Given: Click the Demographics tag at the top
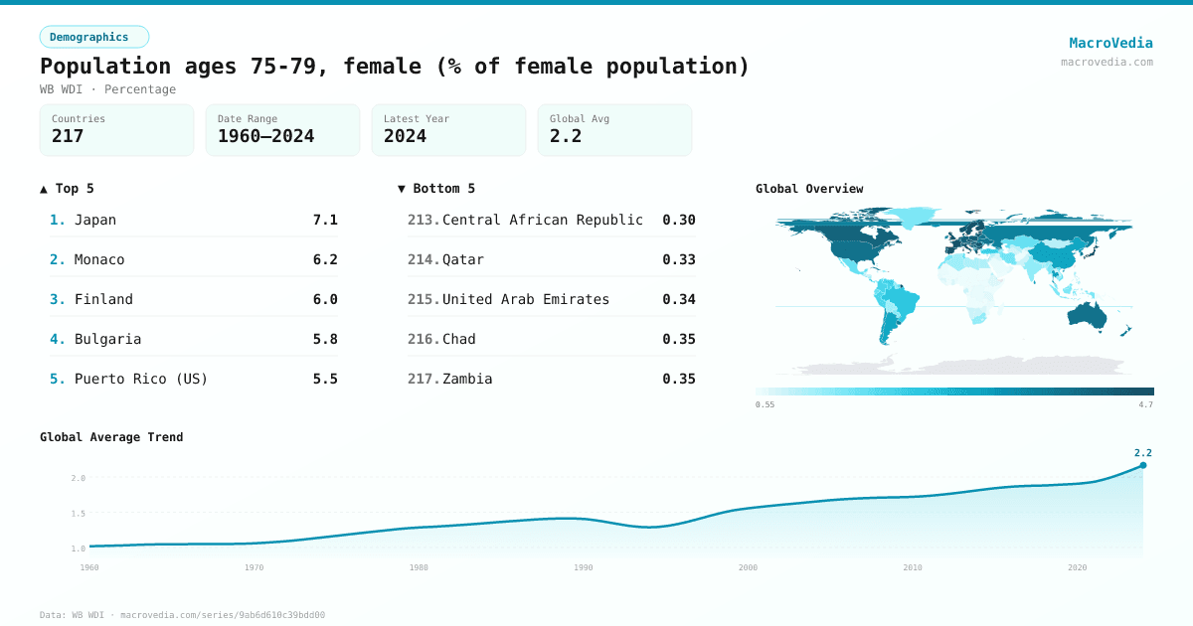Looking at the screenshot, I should coord(93,37).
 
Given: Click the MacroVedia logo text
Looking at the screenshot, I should coord(1110,43).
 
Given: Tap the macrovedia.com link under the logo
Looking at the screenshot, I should coord(1107,62).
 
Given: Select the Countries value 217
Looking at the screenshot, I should coord(68,136).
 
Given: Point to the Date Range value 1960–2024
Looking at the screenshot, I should coord(265,136).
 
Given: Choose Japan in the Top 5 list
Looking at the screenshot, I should coord(95,220).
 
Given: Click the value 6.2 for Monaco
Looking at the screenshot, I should coord(325,259).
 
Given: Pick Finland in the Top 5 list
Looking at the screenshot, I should coord(103,299).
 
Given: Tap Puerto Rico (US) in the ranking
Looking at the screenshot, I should coord(141,379).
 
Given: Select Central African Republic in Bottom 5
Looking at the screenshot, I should coord(542,220).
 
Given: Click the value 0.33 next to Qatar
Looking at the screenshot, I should coord(679,259).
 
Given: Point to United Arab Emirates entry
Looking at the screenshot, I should coord(525,299).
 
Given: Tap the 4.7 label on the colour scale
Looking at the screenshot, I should coord(1145,404).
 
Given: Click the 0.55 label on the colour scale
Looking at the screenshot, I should coord(765,404).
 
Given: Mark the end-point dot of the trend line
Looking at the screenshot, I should coord(1143,465).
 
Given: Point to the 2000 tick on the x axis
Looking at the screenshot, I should coord(748,567).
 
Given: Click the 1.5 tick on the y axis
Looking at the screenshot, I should coord(78,514).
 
